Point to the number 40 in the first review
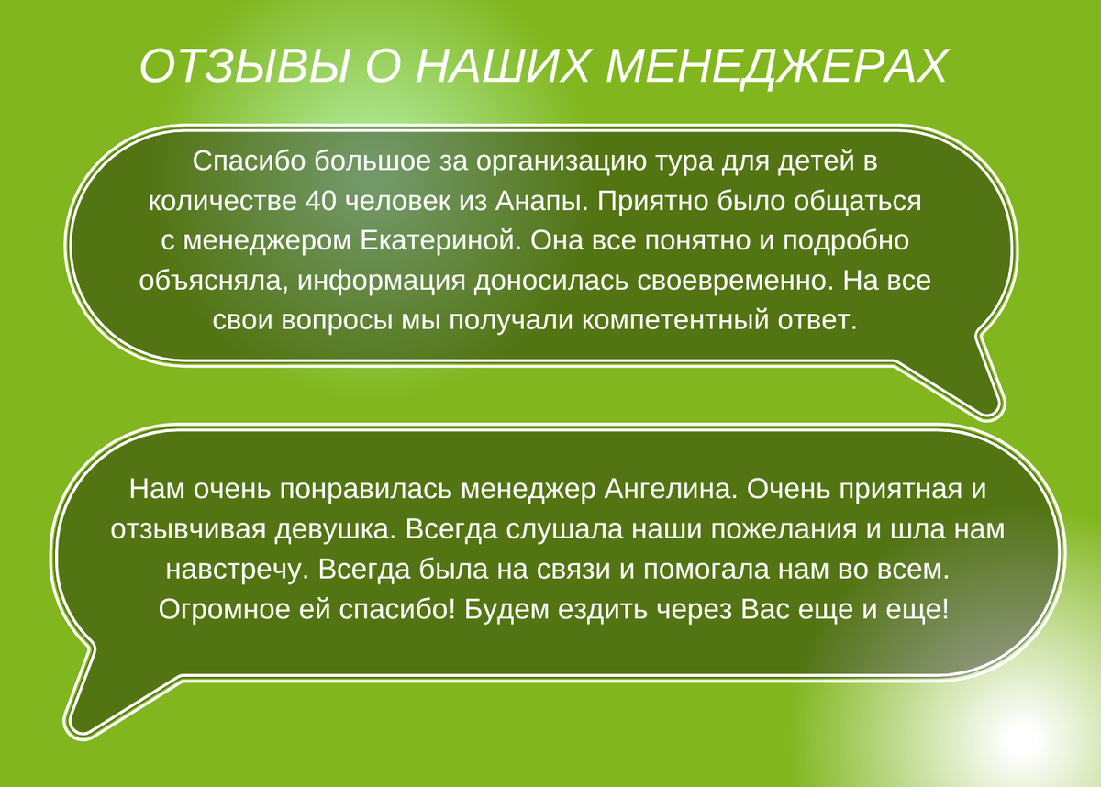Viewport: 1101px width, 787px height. pos(321,201)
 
